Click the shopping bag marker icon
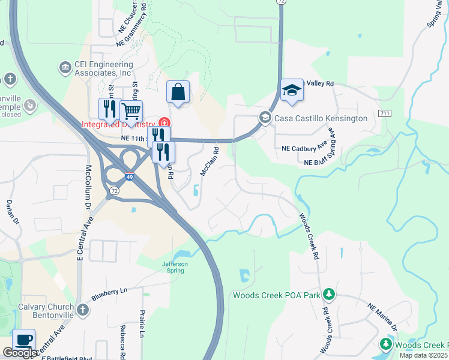pos(178,92)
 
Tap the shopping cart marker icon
pos(131,110)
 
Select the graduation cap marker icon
pos(291,91)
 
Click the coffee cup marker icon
pos(23,340)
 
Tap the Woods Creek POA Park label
pos(276,295)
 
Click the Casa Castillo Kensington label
pos(321,118)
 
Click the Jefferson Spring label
pos(175,267)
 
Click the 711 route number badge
pos(385,113)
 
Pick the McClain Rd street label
pos(208,162)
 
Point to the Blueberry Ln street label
pos(110,295)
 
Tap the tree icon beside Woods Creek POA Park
pos(328,294)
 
